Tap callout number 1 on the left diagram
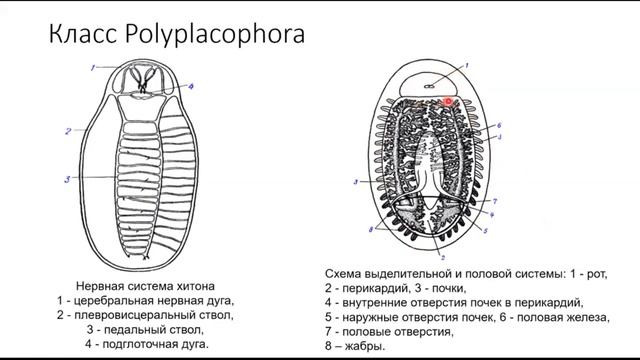90,67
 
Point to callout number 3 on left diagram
67,179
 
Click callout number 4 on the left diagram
191,87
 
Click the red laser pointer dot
449,101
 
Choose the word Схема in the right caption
347,271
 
